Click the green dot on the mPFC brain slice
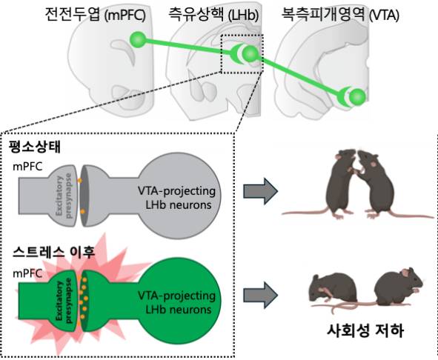[136, 39]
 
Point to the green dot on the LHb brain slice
[250, 54]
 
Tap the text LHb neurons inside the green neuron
[175, 307]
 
